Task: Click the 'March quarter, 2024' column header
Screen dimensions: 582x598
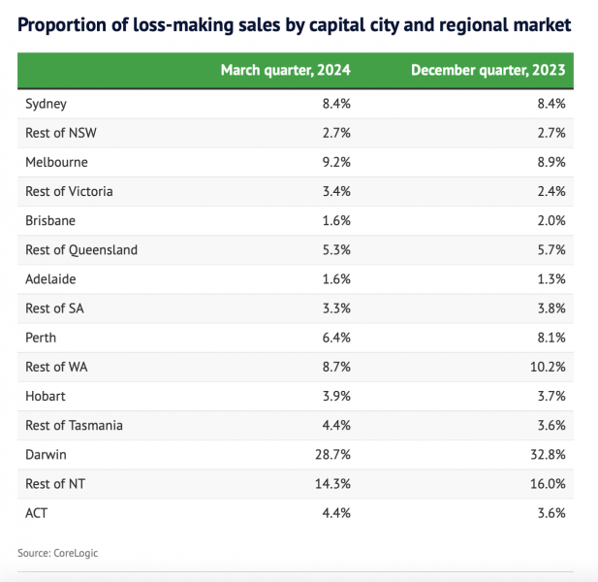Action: (x=285, y=70)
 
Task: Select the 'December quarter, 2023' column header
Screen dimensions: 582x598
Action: (x=488, y=70)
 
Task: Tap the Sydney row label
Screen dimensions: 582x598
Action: (x=46, y=103)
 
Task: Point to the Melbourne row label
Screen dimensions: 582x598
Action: (x=56, y=162)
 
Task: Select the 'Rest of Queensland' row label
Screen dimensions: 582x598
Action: (x=81, y=249)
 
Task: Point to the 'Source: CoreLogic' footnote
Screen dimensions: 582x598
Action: (x=58, y=553)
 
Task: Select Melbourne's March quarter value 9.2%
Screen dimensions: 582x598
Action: (x=335, y=162)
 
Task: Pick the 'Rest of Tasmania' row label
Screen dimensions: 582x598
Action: (x=74, y=425)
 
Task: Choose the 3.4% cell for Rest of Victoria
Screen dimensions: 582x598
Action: (x=335, y=191)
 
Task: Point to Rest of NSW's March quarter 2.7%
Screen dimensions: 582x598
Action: (x=335, y=132)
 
